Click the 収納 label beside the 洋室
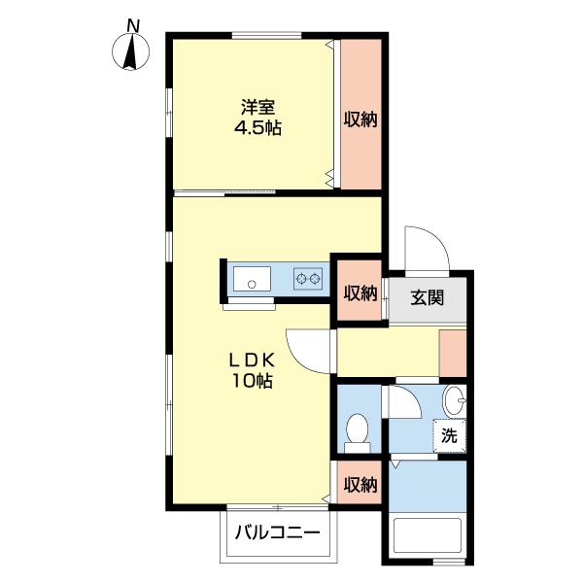pos(360,120)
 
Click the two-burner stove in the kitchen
pos(309,280)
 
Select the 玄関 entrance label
pos(427,297)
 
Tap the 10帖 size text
pos(252,381)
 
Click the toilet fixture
pos(358,430)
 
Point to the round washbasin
pos(455,398)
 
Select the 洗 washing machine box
pos(449,436)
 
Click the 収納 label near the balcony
pos(360,485)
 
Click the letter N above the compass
pos(133,25)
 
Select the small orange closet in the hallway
pos(453,353)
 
